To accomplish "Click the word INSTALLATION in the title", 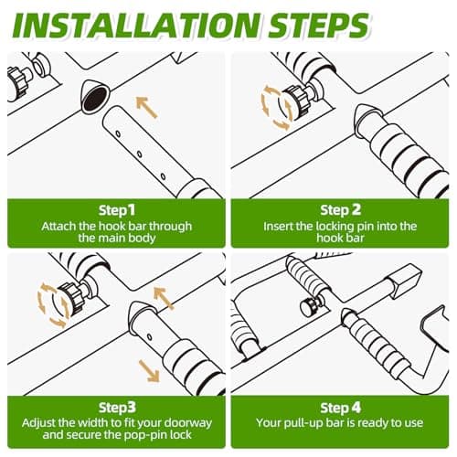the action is click(x=136, y=26).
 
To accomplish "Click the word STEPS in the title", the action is click(x=319, y=26).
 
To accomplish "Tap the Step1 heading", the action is click(x=117, y=211).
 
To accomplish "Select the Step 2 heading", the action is click(x=340, y=210).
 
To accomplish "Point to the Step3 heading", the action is click(x=117, y=408).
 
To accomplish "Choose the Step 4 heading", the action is click(x=340, y=408).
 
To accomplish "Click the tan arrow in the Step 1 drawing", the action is click(x=146, y=107).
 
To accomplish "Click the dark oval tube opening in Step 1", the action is click(x=95, y=98).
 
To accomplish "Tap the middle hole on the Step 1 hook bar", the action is click(x=139, y=154).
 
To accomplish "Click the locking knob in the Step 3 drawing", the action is click(x=71, y=297).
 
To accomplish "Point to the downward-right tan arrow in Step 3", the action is click(x=149, y=370).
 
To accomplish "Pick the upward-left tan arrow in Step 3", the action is click(x=164, y=298).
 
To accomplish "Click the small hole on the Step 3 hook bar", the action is click(x=149, y=336).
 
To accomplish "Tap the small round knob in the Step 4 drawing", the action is click(x=308, y=306).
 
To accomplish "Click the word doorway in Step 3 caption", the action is click(x=188, y=423).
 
